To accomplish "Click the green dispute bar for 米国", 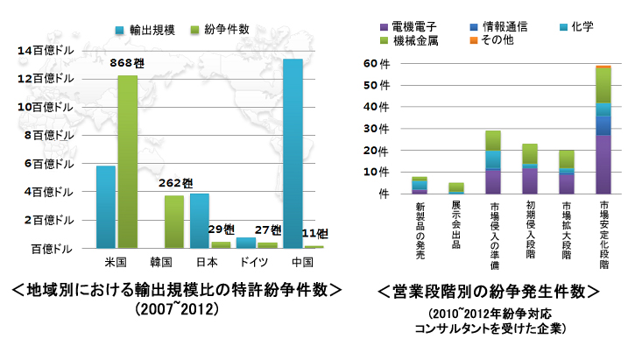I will tap(128, 162).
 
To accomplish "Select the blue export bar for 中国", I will tap(293, 153).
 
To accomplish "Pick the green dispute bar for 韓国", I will tap(174, 222).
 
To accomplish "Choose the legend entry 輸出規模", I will tap(145, 30).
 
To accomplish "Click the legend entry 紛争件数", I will tap(219, 30).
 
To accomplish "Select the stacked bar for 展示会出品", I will tap(455, 188).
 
